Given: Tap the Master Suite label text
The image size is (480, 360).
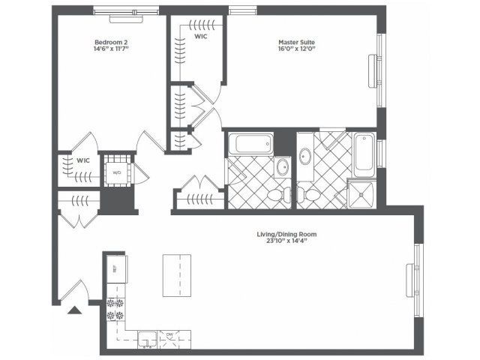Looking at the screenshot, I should click(296, 42).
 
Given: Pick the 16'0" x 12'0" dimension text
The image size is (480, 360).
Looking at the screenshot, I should click(296, 51).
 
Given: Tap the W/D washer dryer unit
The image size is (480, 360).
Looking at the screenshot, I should click(117, 172).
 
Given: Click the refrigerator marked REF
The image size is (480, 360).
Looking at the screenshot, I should click(115, 268).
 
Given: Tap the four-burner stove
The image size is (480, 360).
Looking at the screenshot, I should click(115, 310).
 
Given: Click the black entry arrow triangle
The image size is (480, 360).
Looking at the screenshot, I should click(75, 310).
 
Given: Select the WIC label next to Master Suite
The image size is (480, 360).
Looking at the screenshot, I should click(201, 35).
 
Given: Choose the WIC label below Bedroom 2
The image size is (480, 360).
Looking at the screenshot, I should click(83, 160).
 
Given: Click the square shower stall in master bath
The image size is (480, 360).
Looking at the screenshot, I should click(361, 194).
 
